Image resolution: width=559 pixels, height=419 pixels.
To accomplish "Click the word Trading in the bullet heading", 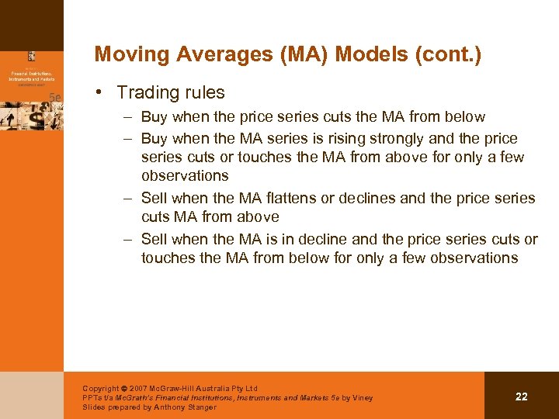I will click(148, 92).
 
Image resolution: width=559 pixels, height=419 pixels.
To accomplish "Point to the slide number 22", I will click(521, 396).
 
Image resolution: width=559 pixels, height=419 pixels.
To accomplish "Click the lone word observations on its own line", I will click(185, 175).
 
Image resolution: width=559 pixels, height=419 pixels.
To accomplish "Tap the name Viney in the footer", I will click(362, 397).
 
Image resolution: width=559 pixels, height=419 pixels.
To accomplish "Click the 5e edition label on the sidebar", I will click(54, 97).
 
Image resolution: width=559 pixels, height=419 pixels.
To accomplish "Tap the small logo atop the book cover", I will click(32, 56).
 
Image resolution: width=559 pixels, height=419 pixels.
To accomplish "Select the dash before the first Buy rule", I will click(127, 117).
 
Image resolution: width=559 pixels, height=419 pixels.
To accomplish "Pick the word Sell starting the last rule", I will click(155, 239).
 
